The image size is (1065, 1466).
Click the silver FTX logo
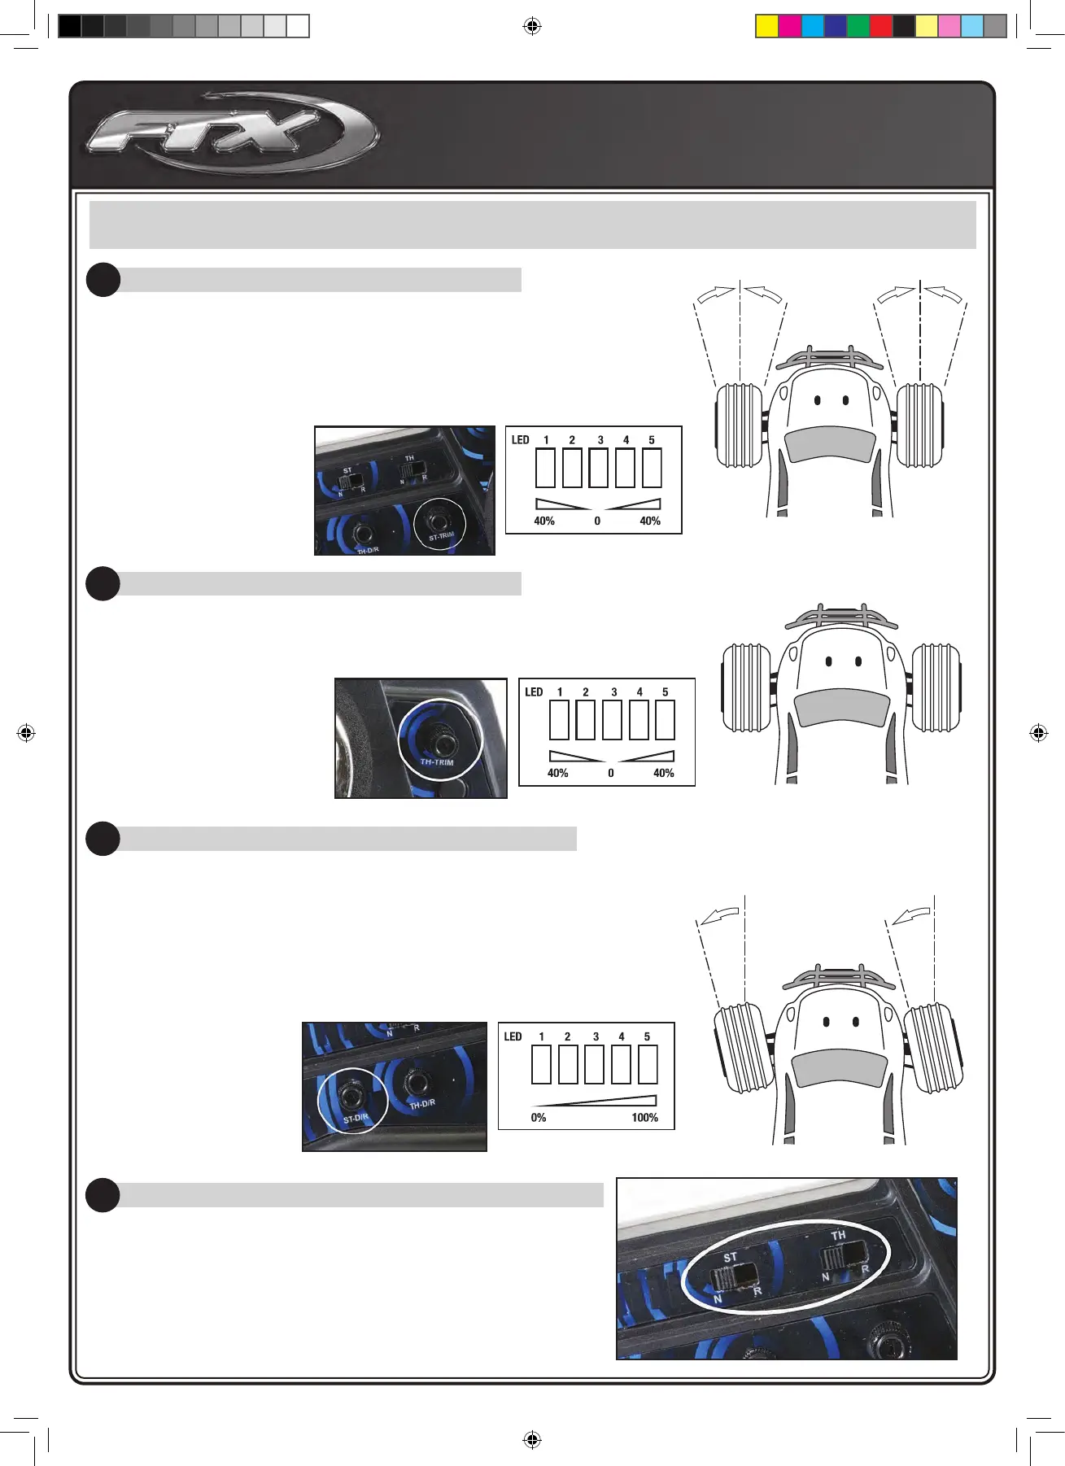[x=232, y=133]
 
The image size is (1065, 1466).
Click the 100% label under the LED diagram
[x=644, y=1118]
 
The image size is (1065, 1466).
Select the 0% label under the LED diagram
[x=539, y=1118]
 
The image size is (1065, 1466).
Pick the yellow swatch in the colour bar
[x=767, y=26]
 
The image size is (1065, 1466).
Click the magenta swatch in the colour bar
[x=790, y=26]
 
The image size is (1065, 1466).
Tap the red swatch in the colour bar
[x=881, y=26]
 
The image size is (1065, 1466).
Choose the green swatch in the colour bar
[x=858, y=26]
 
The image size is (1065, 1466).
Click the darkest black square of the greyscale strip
[x=70, y=26]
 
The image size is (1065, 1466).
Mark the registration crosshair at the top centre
[x=532, y=26]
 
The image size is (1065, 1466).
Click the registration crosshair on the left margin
[x=26, y=733]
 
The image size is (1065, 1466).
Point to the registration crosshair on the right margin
[x=1039, y=733]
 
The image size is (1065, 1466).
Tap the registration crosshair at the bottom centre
[x=532, y=1439]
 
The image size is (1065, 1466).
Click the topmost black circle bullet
[x=103, y=280]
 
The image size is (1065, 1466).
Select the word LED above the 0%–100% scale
[x=513, y=1036]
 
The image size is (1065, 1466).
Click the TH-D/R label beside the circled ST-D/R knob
[x=422, y=1104]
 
